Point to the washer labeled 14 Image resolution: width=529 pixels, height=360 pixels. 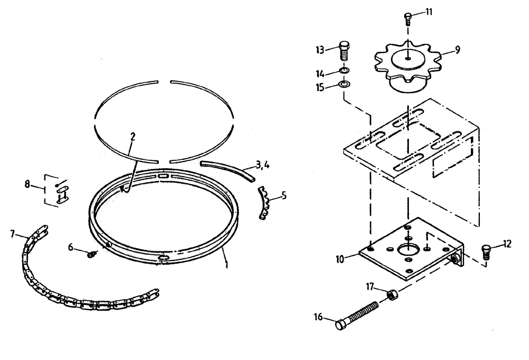point(344,71)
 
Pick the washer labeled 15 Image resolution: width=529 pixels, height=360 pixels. point(344,84)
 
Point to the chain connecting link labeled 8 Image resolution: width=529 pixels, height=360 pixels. point(62,191)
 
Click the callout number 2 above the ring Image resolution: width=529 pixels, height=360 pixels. point(133,137)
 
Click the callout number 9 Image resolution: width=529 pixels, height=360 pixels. point(457,50)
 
